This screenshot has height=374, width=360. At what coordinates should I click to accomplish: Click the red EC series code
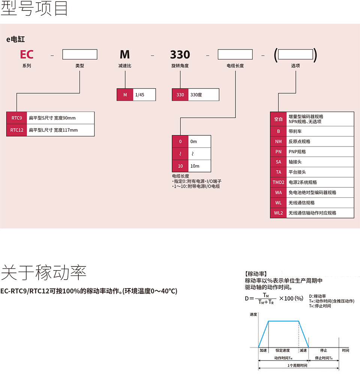27,55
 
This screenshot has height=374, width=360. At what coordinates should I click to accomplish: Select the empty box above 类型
80,55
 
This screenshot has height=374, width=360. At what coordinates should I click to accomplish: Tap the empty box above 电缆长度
235,55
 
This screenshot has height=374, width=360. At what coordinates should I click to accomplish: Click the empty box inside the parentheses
295,55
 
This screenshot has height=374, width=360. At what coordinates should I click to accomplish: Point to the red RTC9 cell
17,118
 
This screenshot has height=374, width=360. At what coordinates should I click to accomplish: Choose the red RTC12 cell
17,130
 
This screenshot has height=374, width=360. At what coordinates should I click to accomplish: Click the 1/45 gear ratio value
139,95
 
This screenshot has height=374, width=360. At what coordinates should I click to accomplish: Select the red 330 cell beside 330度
180,95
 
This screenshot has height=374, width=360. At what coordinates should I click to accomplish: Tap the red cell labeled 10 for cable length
180,166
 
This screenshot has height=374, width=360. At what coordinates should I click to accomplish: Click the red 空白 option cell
278,119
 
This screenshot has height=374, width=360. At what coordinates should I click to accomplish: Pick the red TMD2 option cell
278,182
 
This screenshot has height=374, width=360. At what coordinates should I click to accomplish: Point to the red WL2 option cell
278,213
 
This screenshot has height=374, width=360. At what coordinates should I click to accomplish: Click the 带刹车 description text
295,132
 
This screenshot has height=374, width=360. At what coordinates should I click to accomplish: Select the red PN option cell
278,152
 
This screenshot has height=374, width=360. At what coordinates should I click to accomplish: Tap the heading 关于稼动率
43,272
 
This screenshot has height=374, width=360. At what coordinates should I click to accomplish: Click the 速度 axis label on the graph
253,314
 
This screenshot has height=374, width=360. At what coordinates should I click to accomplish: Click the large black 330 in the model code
180,55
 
